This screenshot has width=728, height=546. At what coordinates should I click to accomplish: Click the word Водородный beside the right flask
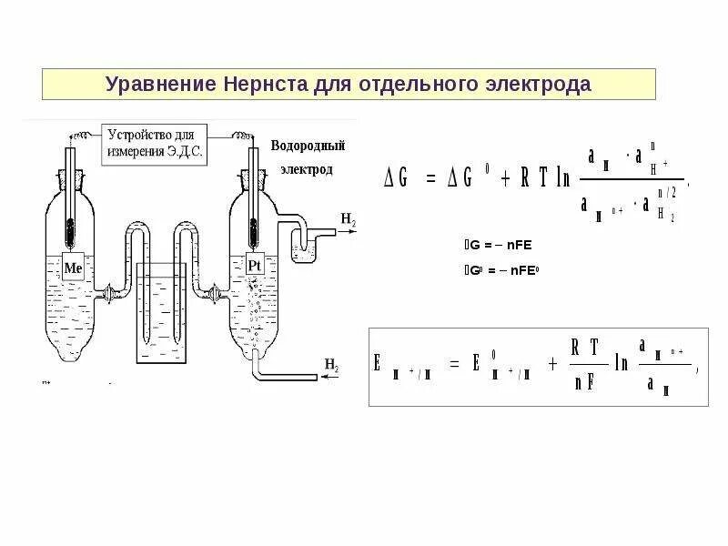pyautogui.click(x=308, y=147)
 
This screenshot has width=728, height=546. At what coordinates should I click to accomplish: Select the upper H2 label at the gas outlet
pyautogui.click(x=349, y=219)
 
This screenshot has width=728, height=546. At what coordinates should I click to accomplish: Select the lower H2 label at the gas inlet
pyautogui.click(x=330, y=366)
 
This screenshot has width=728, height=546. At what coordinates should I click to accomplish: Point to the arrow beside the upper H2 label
pyautogui.click(x=342, y=231)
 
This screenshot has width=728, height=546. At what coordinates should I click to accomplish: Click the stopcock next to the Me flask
pyautogui.click(x=109, y=293)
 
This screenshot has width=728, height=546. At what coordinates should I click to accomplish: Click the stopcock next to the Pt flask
pyautogui.click(x=214, y=293)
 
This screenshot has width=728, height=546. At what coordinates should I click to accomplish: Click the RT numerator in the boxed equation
pyautogui.click(x=586, y=349)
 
